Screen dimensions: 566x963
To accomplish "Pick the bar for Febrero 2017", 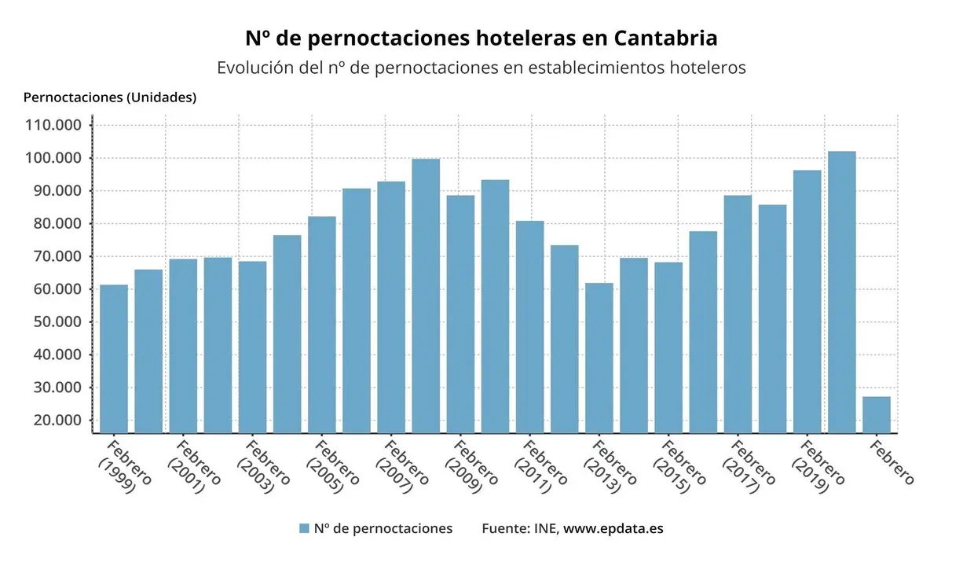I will pyautogui.click(x=738, y=314).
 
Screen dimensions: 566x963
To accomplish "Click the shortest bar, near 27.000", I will pyautogui.click(x=877, y=414).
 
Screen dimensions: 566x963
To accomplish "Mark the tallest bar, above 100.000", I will pyautogui.click(x=842, y=292).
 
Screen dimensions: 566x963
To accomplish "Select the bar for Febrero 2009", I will pyautogui.click(x=460, y=314).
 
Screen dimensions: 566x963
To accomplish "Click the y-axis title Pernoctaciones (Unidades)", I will pyautogui.click(x=110, y=97).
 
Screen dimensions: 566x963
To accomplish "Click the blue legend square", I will pyautogui.click(x=304, y=529).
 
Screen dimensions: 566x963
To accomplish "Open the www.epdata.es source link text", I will pyautogui.click(x=613, y=528).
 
